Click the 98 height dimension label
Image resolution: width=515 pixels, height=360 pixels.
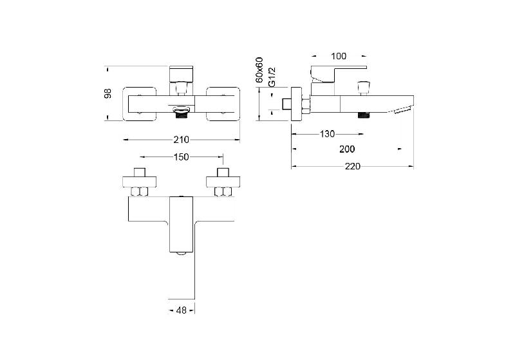(108, 93)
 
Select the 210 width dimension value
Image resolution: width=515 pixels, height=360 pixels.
(182, 140)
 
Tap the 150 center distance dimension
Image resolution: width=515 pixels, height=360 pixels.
(182, 157)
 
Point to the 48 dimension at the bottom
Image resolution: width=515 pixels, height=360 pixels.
(182, 310)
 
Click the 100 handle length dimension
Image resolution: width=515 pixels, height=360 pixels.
(339, 56)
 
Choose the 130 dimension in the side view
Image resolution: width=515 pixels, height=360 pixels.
(327, 134)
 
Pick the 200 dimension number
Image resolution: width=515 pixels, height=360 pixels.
(347, 149)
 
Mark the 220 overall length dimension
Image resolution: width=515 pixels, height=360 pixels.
(352, 167)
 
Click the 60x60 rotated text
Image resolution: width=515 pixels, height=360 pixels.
(259, 70)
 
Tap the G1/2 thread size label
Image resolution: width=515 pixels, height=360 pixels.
(272, 77)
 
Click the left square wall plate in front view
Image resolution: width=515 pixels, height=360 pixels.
(139, 104)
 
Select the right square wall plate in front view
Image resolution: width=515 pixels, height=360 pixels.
(223, 104)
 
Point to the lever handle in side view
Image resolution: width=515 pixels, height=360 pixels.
(339, 74)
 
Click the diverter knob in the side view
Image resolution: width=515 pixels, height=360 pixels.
(362, 88)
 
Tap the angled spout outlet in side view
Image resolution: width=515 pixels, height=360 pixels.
(403, 110)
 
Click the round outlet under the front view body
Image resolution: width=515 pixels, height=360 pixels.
(182, 111)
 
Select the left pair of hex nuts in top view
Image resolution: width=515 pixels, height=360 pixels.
(139, 191)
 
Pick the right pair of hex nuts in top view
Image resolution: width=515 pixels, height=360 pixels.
(223, 191)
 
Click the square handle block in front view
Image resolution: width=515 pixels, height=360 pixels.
(181, 74)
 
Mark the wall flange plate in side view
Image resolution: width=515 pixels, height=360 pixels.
(296, 104)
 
